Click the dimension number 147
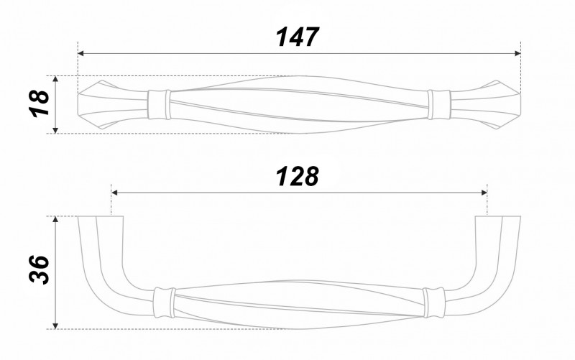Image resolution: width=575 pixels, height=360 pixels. pos(298,37)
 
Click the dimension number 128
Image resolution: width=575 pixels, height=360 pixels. pos(297,176)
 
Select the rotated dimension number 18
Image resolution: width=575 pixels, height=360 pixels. pos(40,104)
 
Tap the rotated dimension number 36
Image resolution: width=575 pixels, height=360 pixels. pos(39,270)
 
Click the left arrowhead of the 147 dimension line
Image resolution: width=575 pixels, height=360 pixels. pos(81,53)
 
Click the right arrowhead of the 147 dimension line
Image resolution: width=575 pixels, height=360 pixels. pos(517,53)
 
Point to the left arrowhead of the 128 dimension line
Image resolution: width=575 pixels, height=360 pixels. pos(115,193)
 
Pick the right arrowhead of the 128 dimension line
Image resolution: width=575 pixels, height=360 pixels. pos(484,193)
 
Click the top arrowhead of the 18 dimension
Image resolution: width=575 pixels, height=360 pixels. pos(55,80)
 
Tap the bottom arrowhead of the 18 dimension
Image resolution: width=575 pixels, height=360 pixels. pos(55,130)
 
